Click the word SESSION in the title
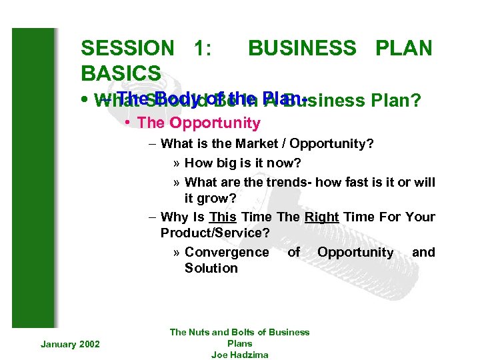click(x=127, y=48)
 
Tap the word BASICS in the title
click(x=121, y=73)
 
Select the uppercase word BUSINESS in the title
click(x=302, y=48)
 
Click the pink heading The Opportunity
click(x=198, y=123)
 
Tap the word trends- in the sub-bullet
click(x=290, y=182)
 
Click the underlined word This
click(x=222, y=217)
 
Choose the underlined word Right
click(x=322, y=217)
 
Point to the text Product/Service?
click(x=215, y=233)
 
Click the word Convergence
click(x=227, y=252)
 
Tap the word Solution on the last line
click(x=211, y=268)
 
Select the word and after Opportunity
click(x=423, y=252)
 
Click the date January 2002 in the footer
click(x=70, y=343)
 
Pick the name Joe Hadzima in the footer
click(x=239, y=355)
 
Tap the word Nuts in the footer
click(x=199, y=332)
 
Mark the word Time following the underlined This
click(x=257, y=217)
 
